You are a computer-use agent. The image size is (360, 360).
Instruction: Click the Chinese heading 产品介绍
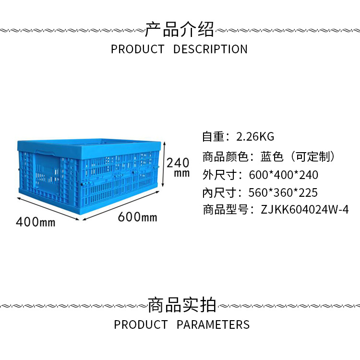tap(180, 29)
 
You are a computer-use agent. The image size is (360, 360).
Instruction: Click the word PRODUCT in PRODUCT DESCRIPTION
tap(138, 49)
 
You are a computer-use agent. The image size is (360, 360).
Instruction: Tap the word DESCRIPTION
tap(210, 49)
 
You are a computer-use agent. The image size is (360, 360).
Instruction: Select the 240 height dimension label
tap(178, 163)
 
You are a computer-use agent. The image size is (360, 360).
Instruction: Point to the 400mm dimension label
tap(36, 222)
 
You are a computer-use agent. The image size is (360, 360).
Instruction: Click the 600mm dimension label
tap(138, 217)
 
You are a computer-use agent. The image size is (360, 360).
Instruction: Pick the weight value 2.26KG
tap(255, 137)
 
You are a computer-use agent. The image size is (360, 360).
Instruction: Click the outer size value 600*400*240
tap(284, 175)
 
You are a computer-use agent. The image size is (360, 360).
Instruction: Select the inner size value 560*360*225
tap(283, 192)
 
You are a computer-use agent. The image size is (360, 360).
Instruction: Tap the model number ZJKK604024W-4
tap(305, 210)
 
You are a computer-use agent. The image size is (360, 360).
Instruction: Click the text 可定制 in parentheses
tap(312, 157)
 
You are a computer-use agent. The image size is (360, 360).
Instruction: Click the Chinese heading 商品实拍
tap(182, 305)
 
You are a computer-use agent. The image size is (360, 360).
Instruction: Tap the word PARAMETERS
tap(213, 324)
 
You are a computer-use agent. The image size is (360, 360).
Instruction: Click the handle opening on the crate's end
tap(45, 153)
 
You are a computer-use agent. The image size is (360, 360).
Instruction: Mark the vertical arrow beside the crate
tap(164, 164)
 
